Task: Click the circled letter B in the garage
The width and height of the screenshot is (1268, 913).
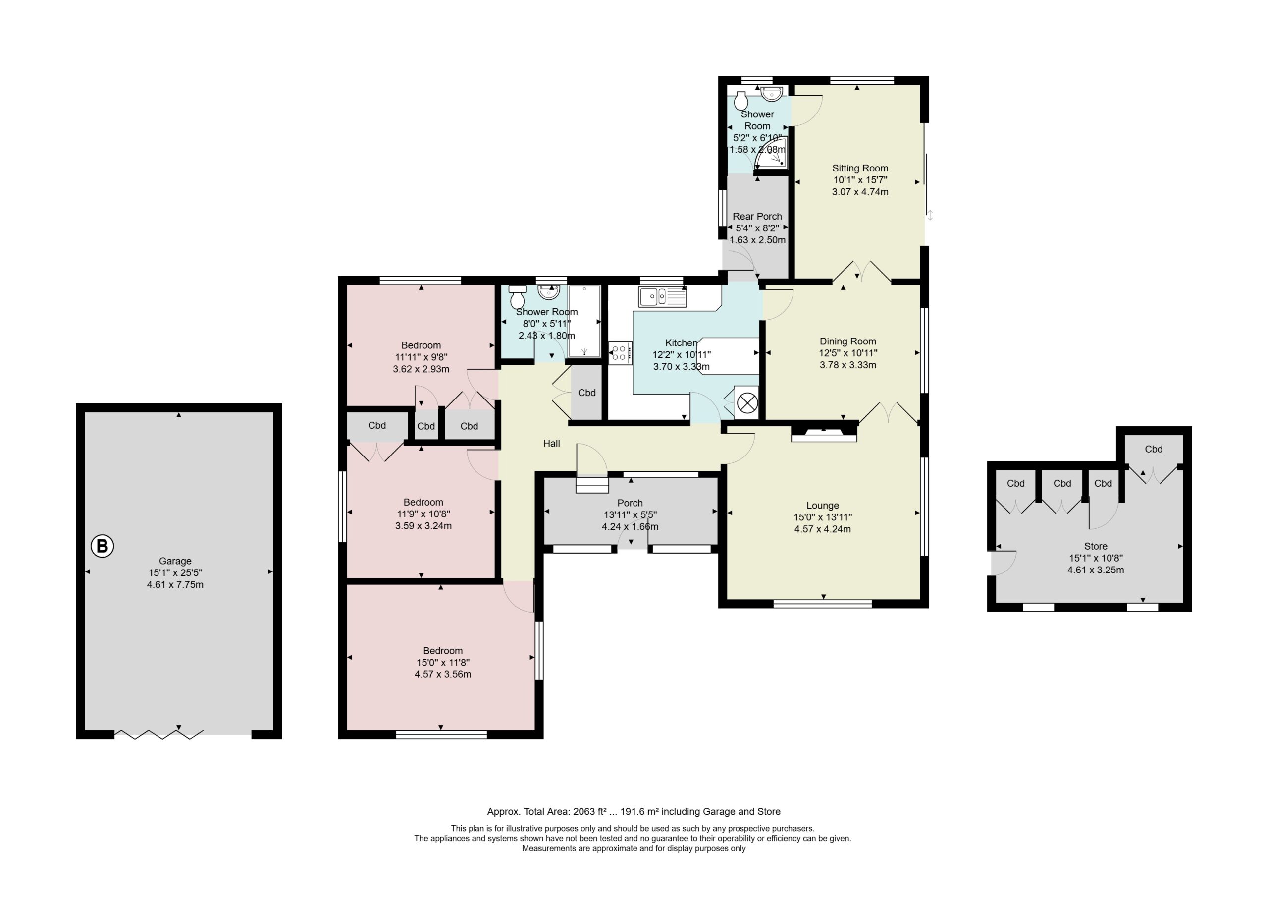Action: point(103,546)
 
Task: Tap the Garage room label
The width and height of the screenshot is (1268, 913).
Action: point(175,561)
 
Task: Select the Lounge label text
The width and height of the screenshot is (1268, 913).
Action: point(822,505)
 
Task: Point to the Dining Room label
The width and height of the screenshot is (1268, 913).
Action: point(847,341)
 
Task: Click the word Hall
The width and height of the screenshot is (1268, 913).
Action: point(551,443)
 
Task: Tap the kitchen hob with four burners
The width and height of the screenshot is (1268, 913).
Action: point(621,353)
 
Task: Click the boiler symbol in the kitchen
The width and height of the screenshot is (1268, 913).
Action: point(747,402)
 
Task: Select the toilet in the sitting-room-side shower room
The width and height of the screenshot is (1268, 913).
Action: point(741,100)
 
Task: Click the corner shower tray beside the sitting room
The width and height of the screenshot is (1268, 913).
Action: point(772,153)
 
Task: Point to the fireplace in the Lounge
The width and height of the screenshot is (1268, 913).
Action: point(824,435)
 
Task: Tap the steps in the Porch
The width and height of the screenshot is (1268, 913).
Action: point(592,484)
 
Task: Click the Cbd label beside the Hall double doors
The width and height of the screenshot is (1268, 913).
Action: point(586,393)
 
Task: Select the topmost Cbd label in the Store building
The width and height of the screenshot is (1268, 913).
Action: point(1154,449)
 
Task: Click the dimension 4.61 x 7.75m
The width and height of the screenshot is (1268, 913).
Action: point(175,584)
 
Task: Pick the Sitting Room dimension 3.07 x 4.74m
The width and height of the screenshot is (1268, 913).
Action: point(860,191)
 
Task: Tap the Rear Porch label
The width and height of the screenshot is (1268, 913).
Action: point(757,216)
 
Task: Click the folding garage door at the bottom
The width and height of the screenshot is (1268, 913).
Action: point(159,734)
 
